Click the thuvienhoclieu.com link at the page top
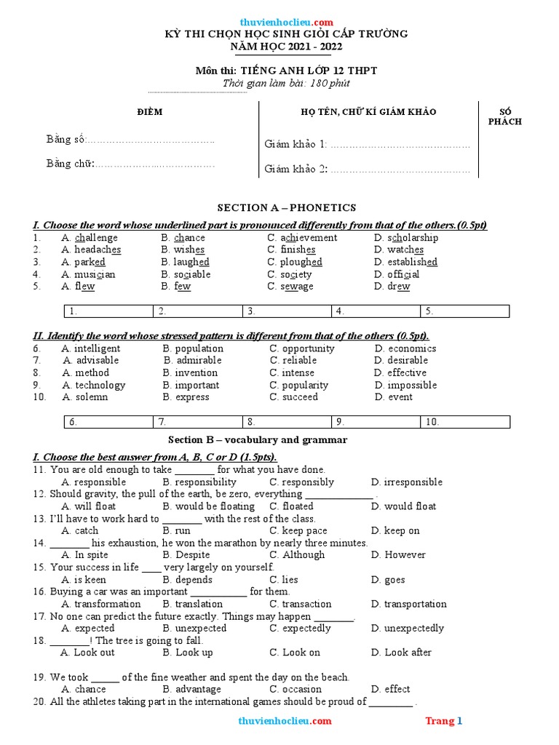(286, 22)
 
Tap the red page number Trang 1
(443, 721)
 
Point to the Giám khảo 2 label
(296, 169)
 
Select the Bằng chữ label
(71, 164)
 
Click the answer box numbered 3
(288, 311)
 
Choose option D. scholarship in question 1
(405, 238)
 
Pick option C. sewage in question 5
(290, 287)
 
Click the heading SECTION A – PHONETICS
(287, 208)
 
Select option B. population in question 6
(193, 348)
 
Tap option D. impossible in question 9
(405, 385)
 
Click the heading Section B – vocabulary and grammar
(258, 440)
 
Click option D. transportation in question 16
(408, 604)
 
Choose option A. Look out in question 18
(87, 653)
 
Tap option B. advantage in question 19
(191, 689)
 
